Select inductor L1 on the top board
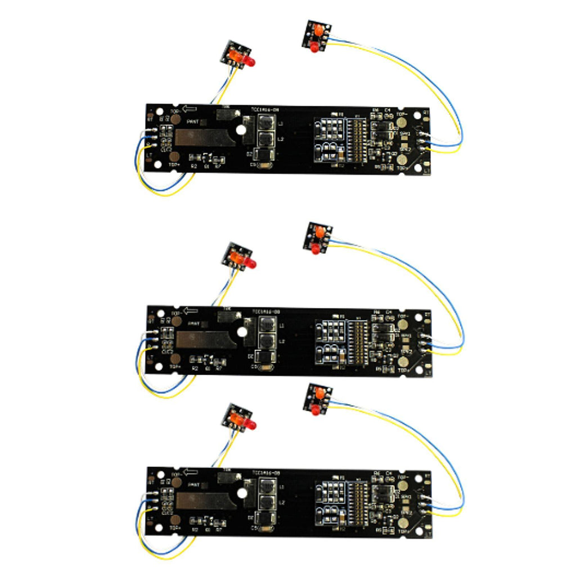pyautogui.click(x=267, y=123)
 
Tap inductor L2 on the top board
pyautogui.click(x=267, y=138)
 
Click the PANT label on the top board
pyautogui.click(x=193, y=121)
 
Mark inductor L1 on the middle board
pyautogui.click(x=267, y=325)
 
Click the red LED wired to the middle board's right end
pyautogui.click(x=315, y=248)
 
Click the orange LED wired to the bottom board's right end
pyautogui.click(x=319, y=393)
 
